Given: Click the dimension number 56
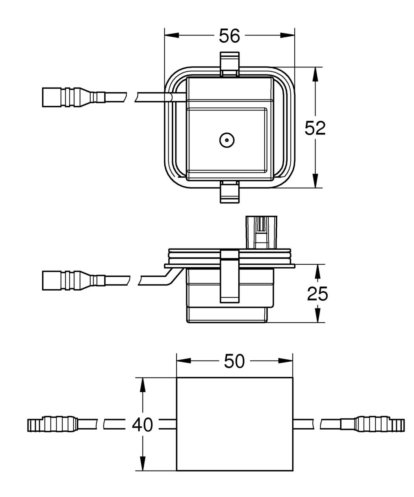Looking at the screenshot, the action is coord(229,36).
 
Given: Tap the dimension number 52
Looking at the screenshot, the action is coord(315,128).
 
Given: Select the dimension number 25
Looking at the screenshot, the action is coord(317,294).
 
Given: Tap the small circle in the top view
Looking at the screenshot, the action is coord(227,140).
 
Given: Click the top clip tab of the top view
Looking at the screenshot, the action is coord(229,64).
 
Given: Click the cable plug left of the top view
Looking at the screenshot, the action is coord(74,97).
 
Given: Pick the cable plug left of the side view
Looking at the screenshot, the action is coord(74,280).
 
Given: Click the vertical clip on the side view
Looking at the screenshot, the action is coord(229,277).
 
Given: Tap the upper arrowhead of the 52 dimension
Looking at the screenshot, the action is coord(315,74).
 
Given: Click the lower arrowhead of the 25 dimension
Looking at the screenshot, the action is coord(317,316).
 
